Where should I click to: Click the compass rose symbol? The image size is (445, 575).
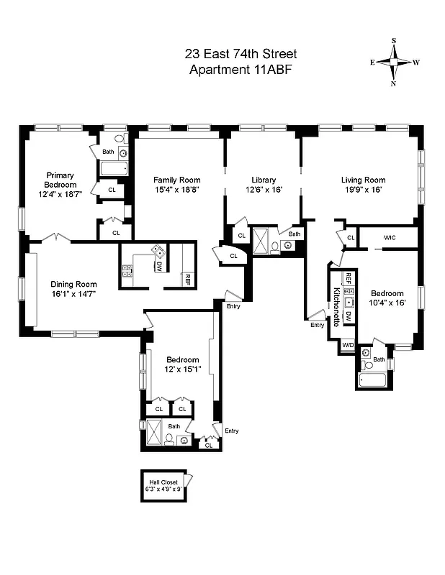(394, 62)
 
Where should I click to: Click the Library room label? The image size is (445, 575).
(263, 180)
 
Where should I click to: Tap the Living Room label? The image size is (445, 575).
(363, 180)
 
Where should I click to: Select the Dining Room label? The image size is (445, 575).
(73, 284)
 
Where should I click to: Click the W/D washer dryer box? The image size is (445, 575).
(348, 345)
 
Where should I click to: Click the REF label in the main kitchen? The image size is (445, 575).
(187, 278)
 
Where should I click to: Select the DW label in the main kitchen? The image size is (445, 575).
(158, 266)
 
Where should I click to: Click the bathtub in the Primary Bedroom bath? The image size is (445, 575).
(114, 169)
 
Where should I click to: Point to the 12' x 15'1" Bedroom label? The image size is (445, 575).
(183, 364)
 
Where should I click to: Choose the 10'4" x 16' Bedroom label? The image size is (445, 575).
(387, 298)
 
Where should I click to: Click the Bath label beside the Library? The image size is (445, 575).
(295, 234)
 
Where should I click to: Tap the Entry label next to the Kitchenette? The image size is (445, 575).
(318, 325)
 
